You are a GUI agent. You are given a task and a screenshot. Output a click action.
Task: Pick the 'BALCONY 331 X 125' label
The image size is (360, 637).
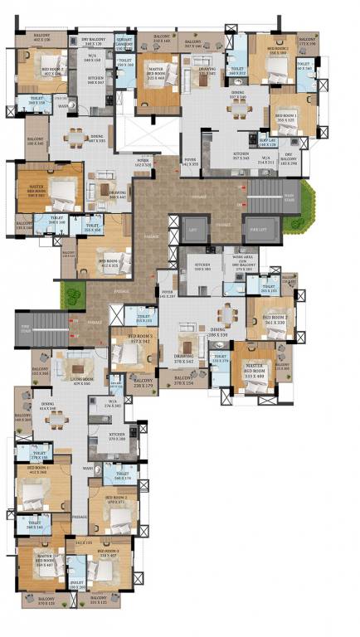[x=97, y=599]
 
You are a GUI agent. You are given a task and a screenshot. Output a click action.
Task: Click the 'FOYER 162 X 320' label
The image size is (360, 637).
[x=144, y=163]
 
